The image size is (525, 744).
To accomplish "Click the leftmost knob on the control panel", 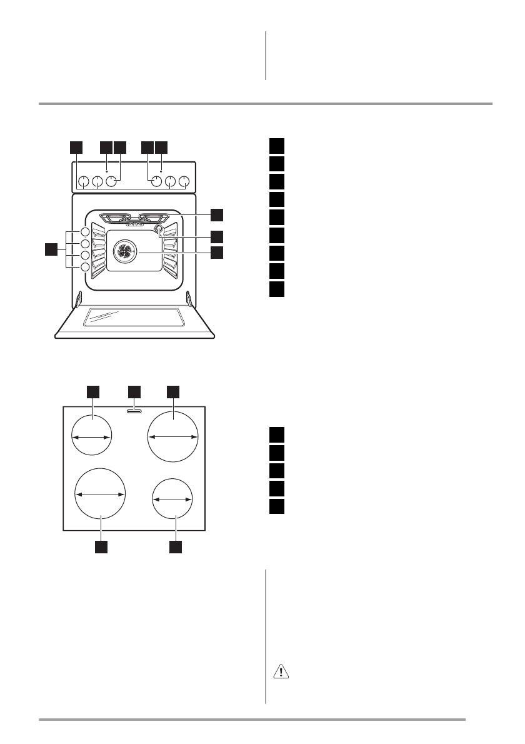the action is coord(82,182).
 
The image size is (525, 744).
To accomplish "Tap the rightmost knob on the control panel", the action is coord(184,182).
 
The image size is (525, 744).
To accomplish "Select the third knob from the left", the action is coord(111,182).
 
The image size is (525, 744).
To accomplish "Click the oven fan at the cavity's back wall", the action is coord(123,252).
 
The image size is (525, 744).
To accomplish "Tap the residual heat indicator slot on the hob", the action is coord(134,411).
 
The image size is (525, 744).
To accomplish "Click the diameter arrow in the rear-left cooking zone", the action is coord(91,438).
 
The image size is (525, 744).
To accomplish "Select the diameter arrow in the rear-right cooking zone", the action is coord(173,438).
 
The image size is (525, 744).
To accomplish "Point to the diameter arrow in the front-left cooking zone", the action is coord(101,494).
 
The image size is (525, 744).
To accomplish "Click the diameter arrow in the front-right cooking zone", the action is coord(173,500).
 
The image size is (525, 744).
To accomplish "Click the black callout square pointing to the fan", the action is coord(216,253).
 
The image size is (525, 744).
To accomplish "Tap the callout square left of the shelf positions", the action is coord(51,250).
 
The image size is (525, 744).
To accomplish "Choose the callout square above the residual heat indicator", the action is coord(134,391).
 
